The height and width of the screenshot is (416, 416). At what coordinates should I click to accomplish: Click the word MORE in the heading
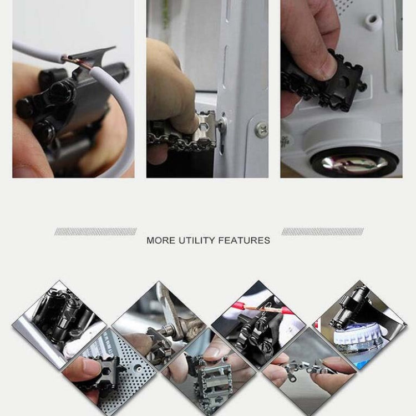[x=160, y=241]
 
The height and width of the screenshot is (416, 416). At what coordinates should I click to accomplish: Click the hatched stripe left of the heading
[x=95, y=231]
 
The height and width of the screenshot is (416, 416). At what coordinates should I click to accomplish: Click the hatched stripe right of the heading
[x=322, y=231]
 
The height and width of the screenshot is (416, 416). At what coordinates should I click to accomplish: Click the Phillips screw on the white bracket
[x=260, y=129]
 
